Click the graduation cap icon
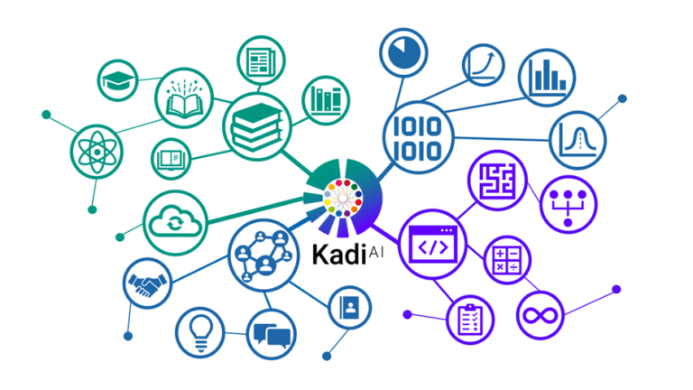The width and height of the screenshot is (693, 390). [120, 81]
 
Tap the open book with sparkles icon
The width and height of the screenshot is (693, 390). [185, 98]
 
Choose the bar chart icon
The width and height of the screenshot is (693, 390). [547, 76]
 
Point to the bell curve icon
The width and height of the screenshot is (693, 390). [578, 141]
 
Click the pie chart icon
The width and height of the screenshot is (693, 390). [403, 51]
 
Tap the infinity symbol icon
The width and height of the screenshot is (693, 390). [541, 315]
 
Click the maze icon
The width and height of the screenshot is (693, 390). [497, 181]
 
